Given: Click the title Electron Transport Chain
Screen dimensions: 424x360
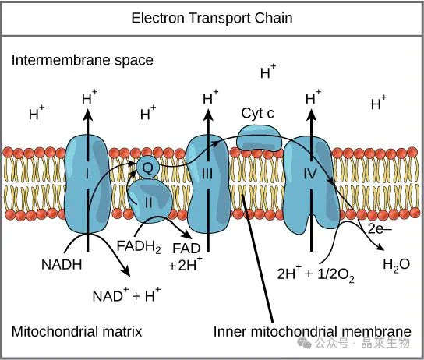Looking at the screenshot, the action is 212,18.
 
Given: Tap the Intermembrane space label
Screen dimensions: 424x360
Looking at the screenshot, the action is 82,60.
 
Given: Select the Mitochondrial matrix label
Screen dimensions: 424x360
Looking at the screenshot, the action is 76,331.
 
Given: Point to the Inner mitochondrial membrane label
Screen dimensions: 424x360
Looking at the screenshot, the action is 313,331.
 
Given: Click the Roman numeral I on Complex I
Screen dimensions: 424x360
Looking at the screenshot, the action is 87,174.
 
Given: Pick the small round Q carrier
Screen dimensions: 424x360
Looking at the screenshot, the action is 147,168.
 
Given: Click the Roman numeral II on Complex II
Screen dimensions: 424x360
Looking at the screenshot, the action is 148,203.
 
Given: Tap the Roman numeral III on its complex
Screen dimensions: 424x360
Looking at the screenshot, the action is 207,174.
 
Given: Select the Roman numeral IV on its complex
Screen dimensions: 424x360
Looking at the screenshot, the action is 310,174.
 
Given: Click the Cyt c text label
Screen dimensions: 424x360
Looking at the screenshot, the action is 258,113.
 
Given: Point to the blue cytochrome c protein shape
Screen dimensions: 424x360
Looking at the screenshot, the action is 259,138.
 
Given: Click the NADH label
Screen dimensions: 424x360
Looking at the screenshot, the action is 62,264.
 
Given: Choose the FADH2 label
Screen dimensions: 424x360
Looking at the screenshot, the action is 139,247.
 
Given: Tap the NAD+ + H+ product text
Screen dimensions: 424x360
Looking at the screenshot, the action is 126,295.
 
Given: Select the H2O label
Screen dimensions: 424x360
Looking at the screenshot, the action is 397,265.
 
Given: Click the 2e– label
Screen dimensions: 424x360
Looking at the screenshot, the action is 380,229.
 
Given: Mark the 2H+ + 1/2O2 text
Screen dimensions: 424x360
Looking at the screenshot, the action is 316,274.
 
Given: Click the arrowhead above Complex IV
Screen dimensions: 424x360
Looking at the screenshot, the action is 311,115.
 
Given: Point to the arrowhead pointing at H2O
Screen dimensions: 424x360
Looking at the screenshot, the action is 380,247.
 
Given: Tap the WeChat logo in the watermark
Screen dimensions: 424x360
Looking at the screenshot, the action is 304,343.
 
